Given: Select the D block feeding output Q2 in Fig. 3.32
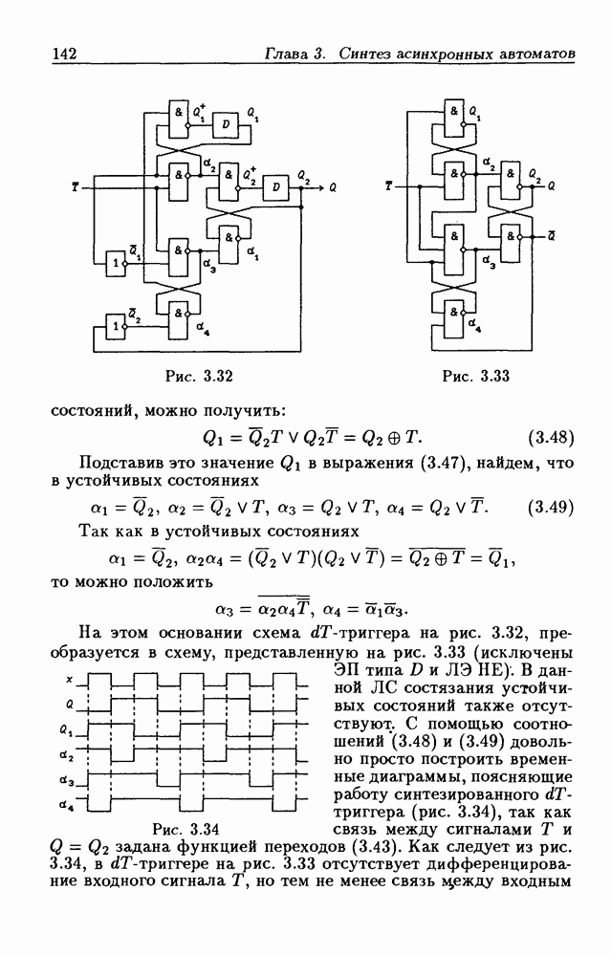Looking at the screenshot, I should [x=276, y=186].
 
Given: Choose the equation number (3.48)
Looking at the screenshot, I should [x=550, y=439].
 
